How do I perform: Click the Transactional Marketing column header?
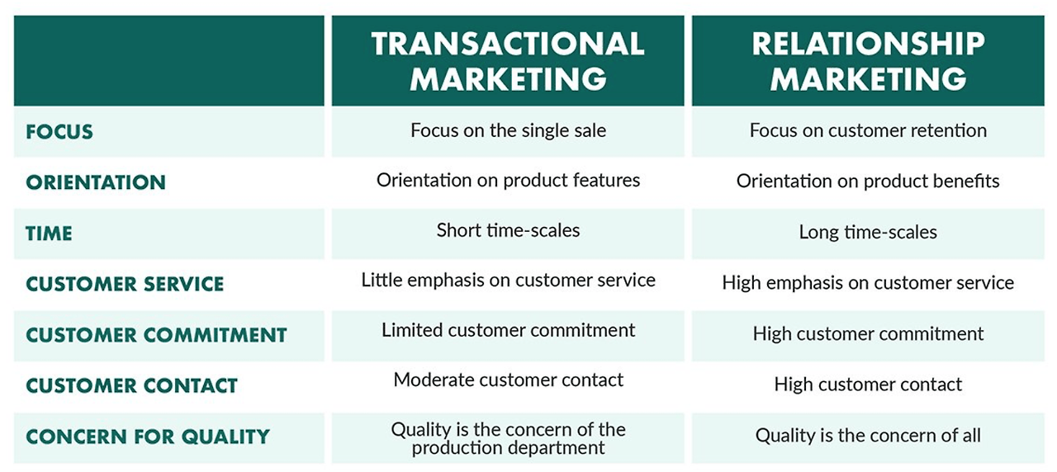[508, 61]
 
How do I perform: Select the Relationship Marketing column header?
[868, 61]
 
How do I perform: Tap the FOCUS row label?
[59, 132]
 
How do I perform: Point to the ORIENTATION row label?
[96, 182]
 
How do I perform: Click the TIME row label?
[49, 234]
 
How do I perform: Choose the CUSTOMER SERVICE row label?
[125, 284]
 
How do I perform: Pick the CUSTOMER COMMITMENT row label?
[156, 335]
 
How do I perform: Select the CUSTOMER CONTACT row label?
[131, 385]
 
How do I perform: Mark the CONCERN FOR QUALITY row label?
[148, 437]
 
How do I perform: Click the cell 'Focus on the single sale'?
[508, 130]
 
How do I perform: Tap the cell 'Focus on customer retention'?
[868, 130]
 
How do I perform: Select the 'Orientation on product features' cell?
[508, 180]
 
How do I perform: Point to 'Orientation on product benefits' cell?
[868, 182]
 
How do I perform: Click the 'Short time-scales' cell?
[508, 230]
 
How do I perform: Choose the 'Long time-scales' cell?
[868, 233]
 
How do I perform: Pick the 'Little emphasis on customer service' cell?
[508, 281]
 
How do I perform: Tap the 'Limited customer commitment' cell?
[508, 331]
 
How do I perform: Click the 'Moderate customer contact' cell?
[508, 380]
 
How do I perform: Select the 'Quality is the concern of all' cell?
[868, 436]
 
